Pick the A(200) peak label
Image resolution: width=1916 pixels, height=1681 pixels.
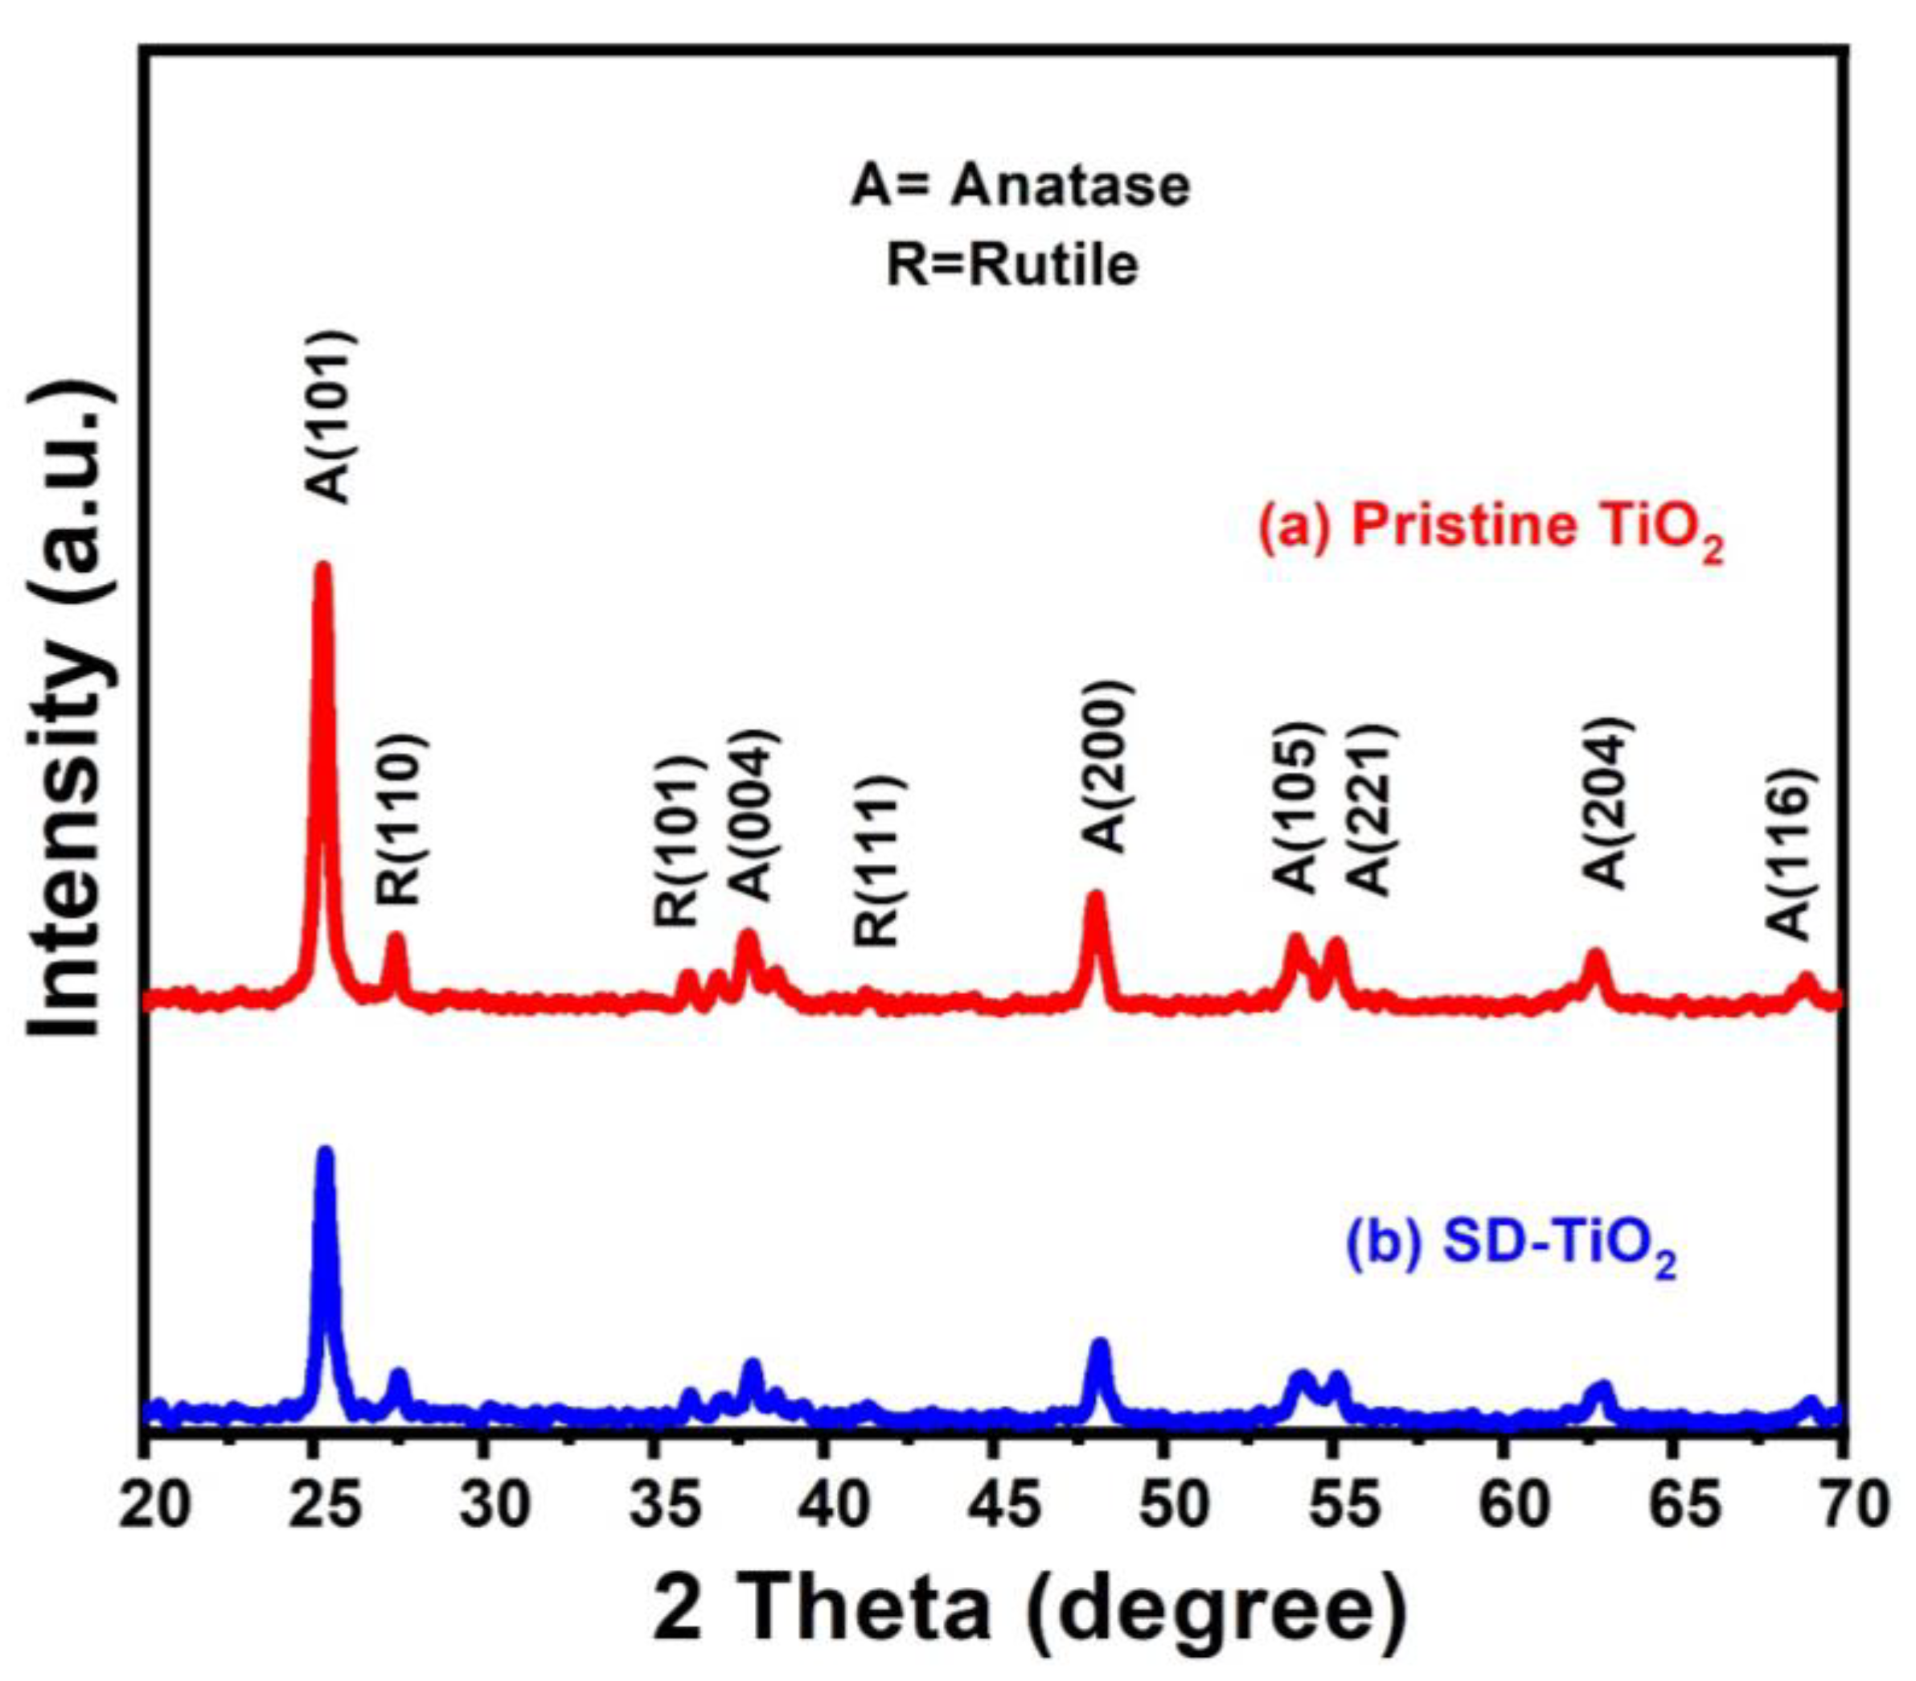tap(1110, 766)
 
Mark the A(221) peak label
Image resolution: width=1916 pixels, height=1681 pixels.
tap(1372, 809)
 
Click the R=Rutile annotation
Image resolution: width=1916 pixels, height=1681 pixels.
tap(1012, 265)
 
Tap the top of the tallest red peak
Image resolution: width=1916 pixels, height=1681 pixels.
tap(323, 567)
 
